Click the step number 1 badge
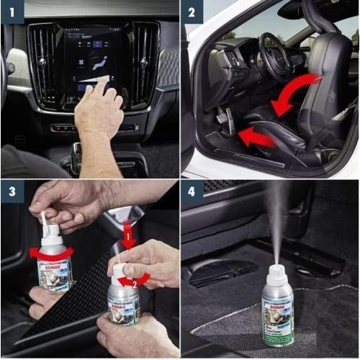[x=12, y=12]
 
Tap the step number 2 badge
[x=192, y=12]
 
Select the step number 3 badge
[x=12, y=192]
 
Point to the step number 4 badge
[x=192, y=192]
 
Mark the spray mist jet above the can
[x=274, y=223]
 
